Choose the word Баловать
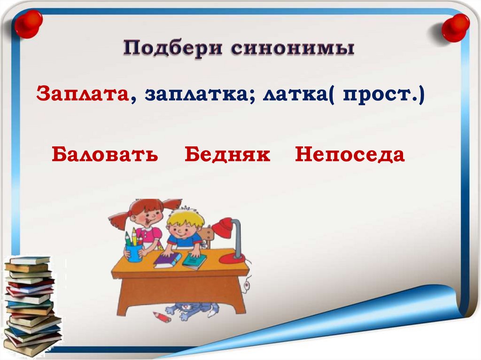point(105,154)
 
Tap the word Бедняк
point(227,154)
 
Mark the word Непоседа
point(349,154)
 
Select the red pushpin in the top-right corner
point(455,26)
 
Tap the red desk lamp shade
point(223,227)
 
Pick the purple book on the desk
point(167,260)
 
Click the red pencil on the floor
point(162,317)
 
